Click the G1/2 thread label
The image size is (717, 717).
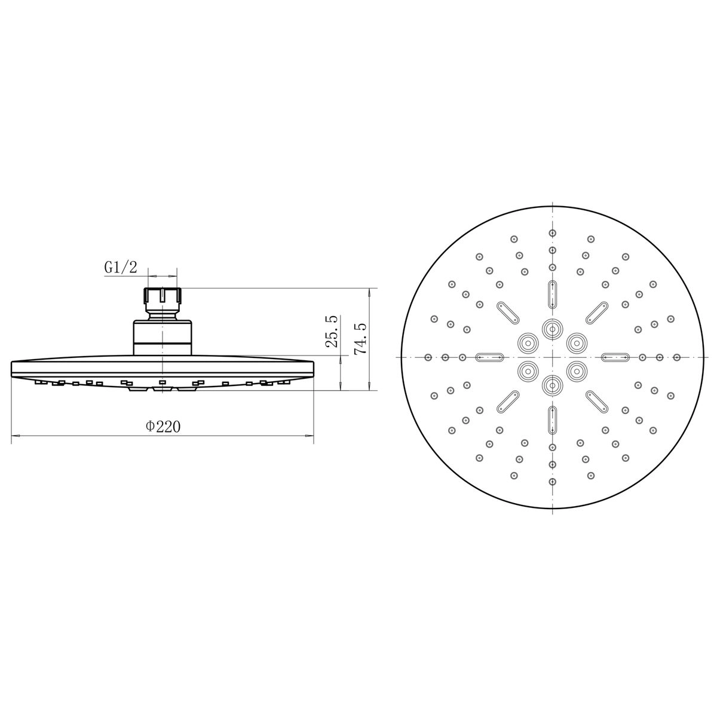pos(121,267)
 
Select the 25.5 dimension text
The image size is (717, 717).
pos(332,331)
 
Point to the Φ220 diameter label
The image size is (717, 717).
pos(163,426)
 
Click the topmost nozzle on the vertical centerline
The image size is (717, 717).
pos(553,233)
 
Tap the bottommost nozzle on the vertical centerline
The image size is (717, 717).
pos(553,482)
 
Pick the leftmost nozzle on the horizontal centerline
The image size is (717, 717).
pos(428,357)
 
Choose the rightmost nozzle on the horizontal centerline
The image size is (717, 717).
pos(676,357)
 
